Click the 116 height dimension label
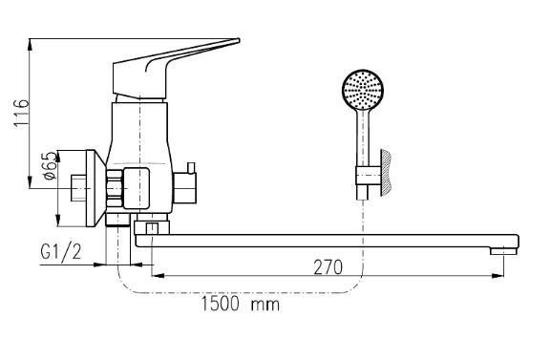[21, 114]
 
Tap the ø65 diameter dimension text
[51, 165]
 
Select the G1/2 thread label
[61, 252]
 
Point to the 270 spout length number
[328, 267]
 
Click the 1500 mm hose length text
[241, 304]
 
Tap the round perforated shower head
[363, 90]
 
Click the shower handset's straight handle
[363, 138]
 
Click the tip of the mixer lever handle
[239, 40]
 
